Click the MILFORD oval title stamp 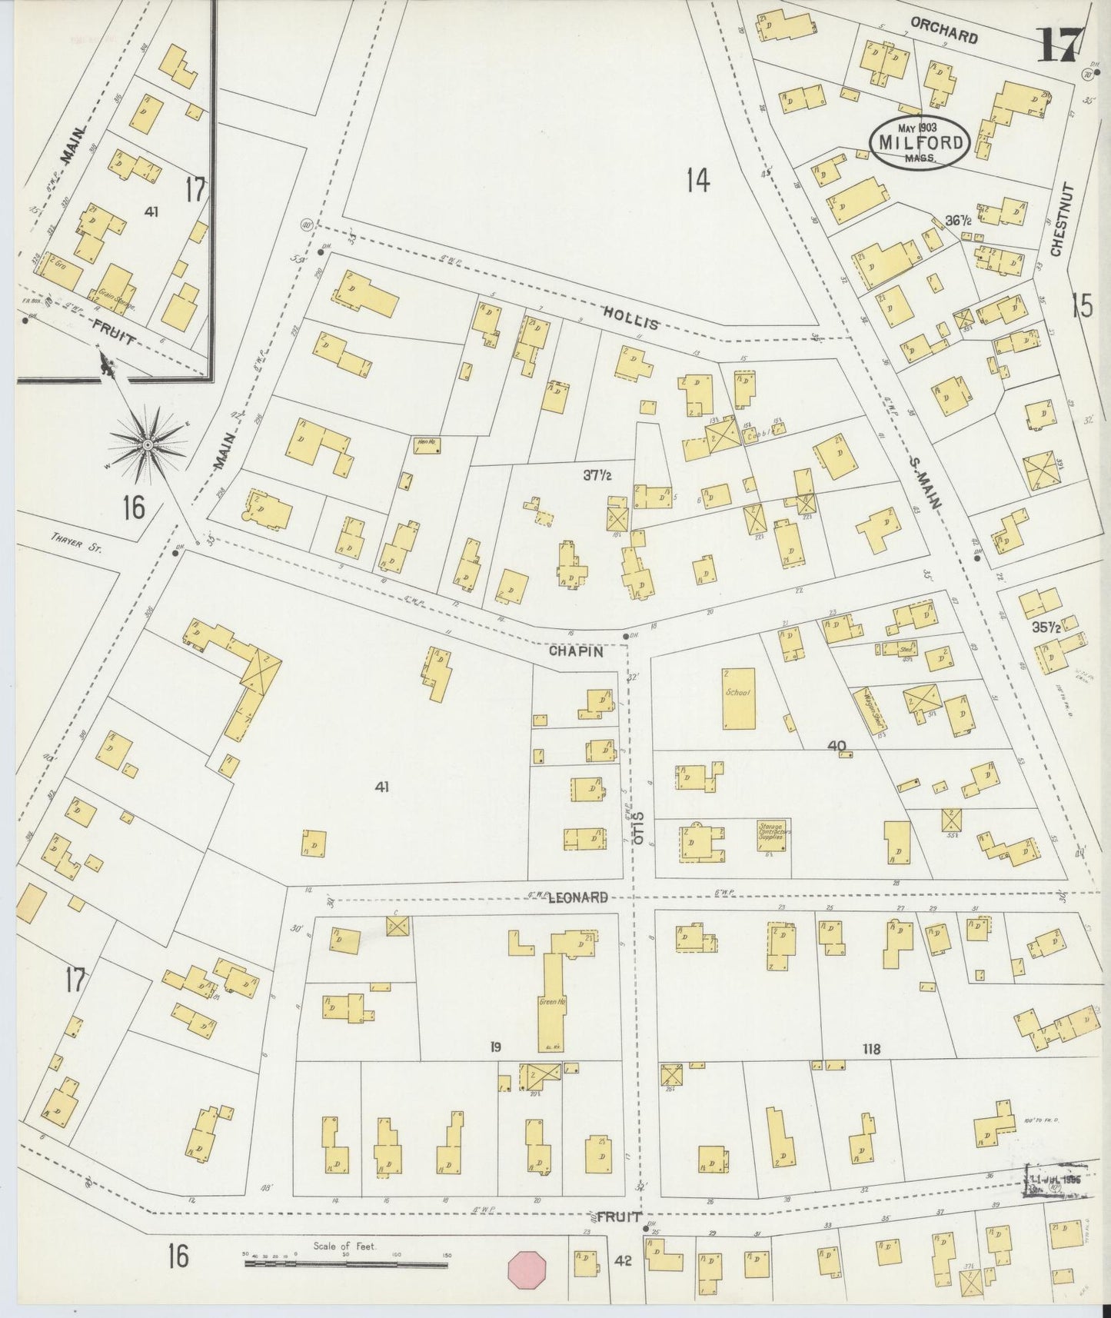[919, 141]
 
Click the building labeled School [738, 698]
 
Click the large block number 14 [697, 181]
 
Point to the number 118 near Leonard [870, 1048]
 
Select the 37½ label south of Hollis [597, 476]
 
